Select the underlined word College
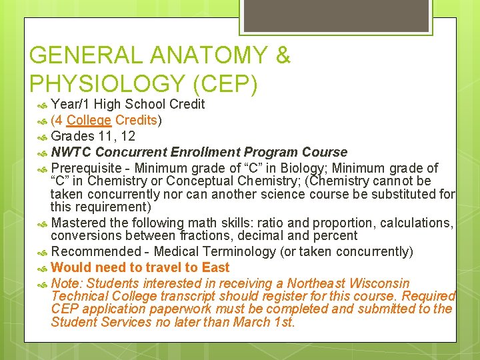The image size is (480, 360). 89,120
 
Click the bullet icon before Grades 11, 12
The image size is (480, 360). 41,137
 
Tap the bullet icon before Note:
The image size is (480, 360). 41,284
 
